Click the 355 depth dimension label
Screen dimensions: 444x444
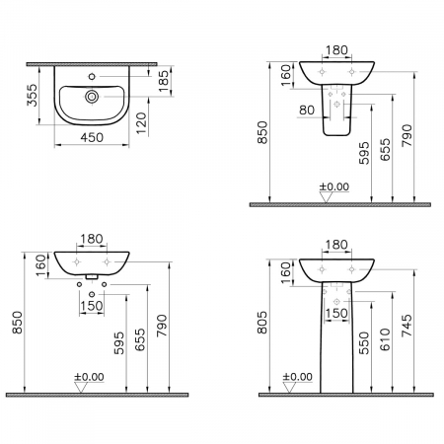(33, 95)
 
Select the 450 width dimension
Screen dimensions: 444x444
(92, 137)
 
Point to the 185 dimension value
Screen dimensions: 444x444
(163, 81)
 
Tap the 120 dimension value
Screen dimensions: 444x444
(141, 123)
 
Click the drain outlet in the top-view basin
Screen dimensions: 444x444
(92, 97)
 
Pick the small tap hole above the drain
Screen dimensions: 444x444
(92, 77)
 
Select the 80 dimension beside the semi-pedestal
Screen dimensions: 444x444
(307, 110)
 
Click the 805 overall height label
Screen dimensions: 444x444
(262, 323)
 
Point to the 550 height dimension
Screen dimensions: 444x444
(364, 343)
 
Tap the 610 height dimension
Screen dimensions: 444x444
(385, 339)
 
